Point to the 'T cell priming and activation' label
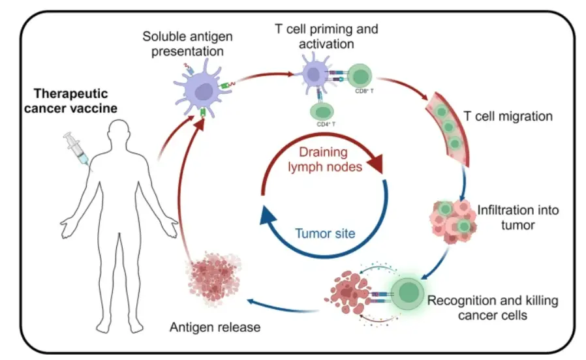pyautogui.click(x=327, y=37)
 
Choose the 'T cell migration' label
pyautogui.click(x=508, y=117)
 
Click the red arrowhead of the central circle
pyautogui.click(x=375, y=163)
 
